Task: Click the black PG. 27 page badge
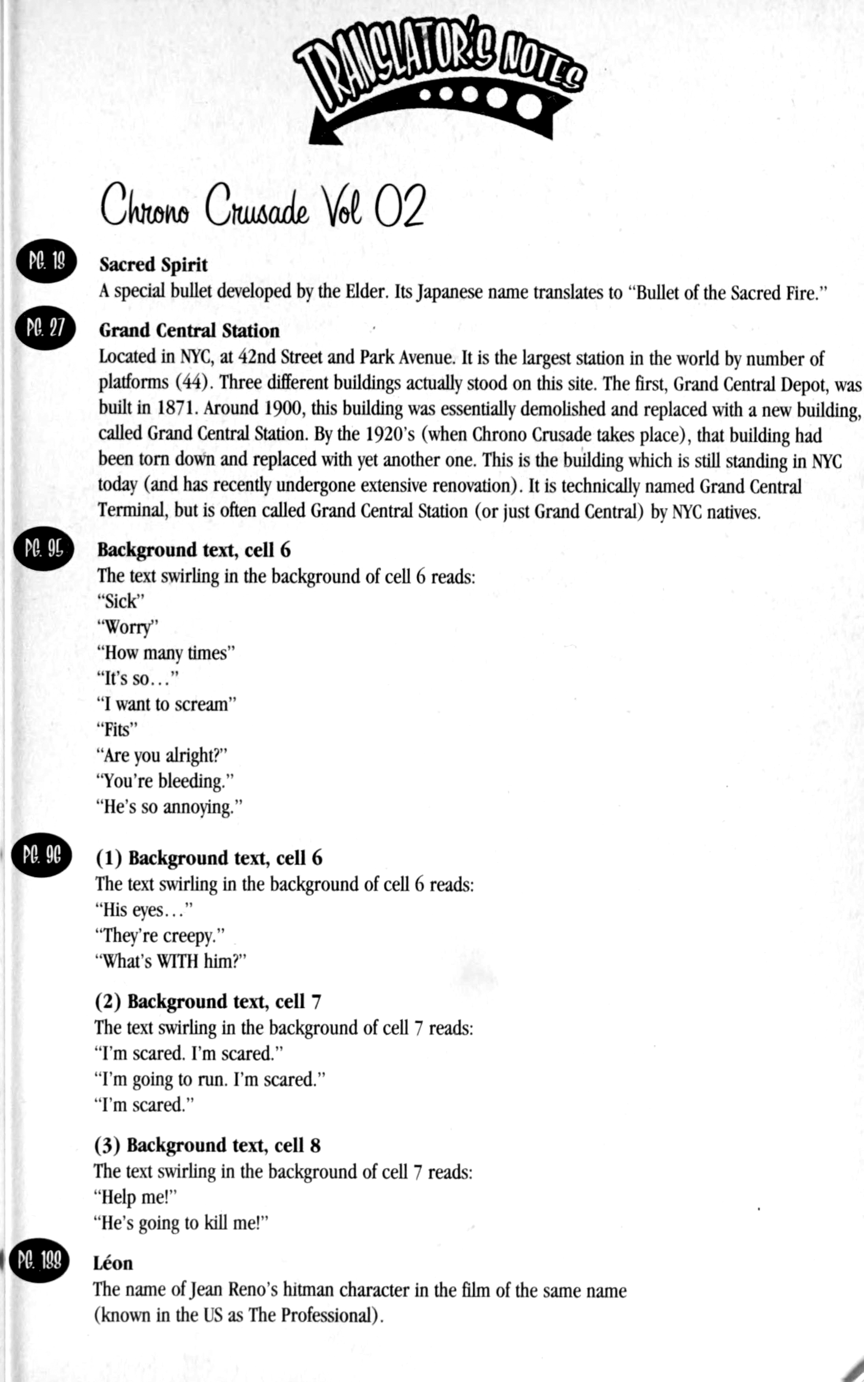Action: [46, 328]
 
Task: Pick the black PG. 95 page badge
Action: [44, 549]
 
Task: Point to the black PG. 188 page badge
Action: [39, 1260]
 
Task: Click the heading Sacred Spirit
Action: [153, 264]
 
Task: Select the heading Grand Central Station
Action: [189, 331]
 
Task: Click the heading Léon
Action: [113, 1263]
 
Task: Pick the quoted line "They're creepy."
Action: [159, 935]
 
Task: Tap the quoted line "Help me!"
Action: [135, 1196]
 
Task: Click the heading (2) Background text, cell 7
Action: [208, 1002]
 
